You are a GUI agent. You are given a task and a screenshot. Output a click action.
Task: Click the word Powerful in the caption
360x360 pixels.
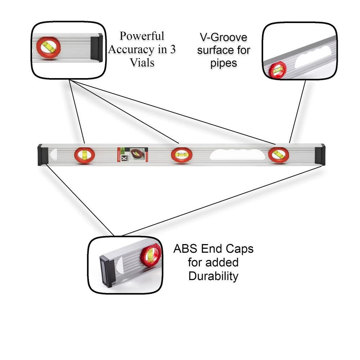click(x=142, y=36)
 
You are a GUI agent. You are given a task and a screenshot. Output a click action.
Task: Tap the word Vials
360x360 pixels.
click(x=142, y=62)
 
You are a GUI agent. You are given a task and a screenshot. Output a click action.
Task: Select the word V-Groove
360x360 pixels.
click(x=223, y=37)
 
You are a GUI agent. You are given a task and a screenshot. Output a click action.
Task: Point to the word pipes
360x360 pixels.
click(x=224, y=63)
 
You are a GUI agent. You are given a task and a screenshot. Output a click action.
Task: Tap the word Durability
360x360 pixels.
click(x=213, y=276)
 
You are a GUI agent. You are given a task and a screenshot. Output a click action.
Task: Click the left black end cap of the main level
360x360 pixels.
click(x=42, y=155)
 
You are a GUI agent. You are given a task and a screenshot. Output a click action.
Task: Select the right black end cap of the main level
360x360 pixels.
click(x=320, y=155)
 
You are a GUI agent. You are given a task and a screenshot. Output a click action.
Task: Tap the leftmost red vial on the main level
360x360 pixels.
click(x=85, y=156)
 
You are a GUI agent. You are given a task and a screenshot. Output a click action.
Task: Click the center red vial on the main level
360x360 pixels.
click(x=181, y=155)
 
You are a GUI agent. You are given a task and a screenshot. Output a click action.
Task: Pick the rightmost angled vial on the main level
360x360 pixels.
click(x=278, y=155)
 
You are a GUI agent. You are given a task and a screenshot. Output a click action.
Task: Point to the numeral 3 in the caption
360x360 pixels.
click(x=172, y=49)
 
